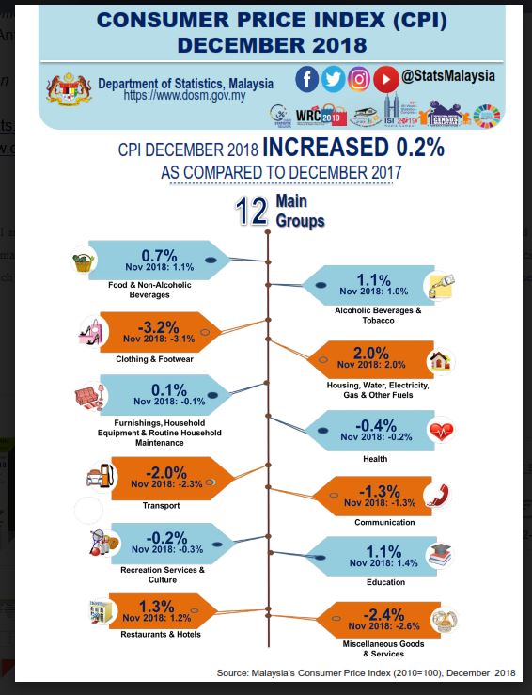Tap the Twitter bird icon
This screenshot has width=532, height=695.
click(333, 79)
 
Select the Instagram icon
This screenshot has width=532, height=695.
click(359, 79)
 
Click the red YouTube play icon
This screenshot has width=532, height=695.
click(385, 79)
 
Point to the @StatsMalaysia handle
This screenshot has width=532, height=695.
click(447, 75)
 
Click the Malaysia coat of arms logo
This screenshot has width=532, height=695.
click(69, 90)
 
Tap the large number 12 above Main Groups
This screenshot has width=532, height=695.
click(252, 212)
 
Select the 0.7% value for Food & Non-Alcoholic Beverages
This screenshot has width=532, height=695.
click(159, 255)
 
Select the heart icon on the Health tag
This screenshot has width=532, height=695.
click(442, 432)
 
